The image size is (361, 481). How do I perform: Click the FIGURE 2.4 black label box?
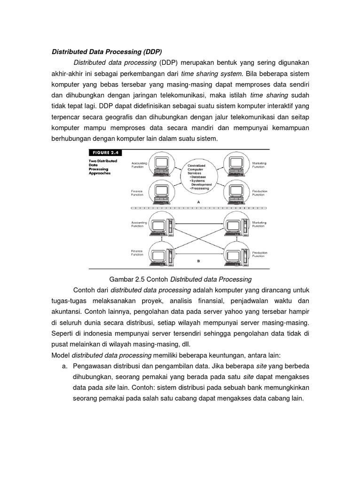point(105,152)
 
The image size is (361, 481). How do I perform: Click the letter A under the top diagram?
point(199,201)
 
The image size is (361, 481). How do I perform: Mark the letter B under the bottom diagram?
point(199,260)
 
